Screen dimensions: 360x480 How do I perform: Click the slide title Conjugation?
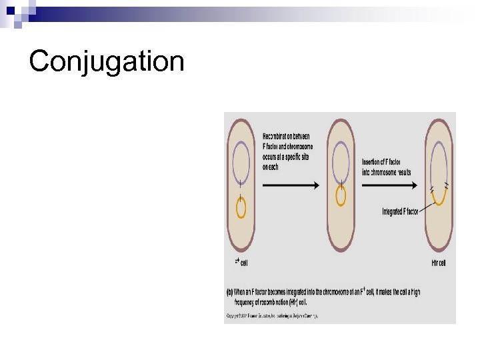(x=107, y=61)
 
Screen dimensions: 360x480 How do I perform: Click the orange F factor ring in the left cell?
(x=241, y=208)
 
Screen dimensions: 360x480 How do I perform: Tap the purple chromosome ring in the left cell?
(x=241, y=161)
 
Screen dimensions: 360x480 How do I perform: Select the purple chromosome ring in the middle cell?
(x=341, y=161)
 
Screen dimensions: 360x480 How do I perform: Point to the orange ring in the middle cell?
(x=341, y=195)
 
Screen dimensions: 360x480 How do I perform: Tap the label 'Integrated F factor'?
(x=400, y=212)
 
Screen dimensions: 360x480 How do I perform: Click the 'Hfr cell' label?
(x=438, y=263)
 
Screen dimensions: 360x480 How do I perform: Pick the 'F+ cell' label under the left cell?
(x=240, y=263)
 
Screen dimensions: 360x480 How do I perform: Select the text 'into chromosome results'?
(x=387, y=172)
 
